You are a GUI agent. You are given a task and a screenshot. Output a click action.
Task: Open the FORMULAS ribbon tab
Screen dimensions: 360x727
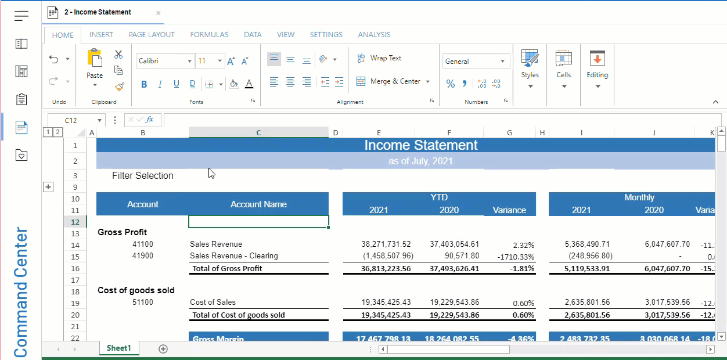tap(209, 35)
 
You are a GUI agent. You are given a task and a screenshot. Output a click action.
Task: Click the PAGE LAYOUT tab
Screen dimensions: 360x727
tap(152, 35)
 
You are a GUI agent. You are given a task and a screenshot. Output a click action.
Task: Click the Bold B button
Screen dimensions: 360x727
tap(144, 84)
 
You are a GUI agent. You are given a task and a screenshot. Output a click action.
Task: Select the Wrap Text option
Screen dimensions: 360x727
tap(379, 58)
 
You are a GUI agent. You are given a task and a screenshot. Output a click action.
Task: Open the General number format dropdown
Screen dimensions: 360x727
tap(475, 61)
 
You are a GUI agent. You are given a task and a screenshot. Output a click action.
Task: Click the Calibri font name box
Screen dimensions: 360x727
tap(163, 61)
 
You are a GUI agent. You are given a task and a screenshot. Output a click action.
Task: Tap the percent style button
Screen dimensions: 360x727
tap(451, 84)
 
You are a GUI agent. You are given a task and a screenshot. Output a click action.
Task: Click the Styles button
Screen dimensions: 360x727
tap(530, 69)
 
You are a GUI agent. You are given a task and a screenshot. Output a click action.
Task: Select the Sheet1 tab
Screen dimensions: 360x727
tap(118, 348)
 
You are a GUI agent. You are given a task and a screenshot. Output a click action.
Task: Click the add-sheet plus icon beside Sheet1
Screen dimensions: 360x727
tap(163, 349)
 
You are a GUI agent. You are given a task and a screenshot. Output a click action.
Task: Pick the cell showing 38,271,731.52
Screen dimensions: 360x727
tap(386, 244)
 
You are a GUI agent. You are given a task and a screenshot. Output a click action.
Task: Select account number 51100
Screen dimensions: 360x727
tap(143, 303)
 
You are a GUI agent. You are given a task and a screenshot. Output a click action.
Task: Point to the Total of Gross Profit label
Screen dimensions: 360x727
tap(227, 268)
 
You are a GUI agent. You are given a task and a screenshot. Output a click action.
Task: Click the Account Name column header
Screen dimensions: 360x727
tap(258, 204)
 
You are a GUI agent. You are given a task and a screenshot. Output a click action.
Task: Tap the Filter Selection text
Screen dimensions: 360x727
tap(143, 176)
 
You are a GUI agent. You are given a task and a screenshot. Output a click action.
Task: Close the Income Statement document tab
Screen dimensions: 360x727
tap(158, 13)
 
